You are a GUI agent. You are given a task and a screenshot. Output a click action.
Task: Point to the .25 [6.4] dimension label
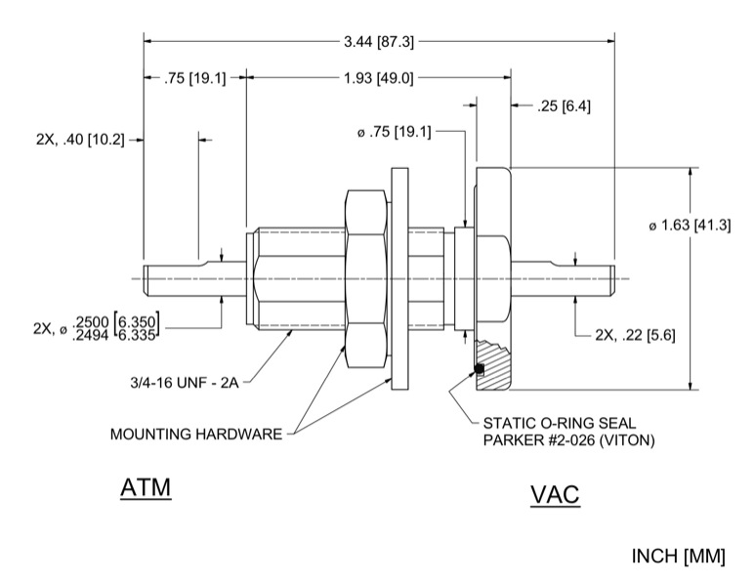pos(564,105)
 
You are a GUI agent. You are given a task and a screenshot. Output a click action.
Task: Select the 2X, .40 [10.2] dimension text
pos(80,140)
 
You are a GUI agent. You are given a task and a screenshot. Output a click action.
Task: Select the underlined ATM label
pos(146,487)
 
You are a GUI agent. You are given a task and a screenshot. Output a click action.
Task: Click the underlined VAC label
pos(555,495)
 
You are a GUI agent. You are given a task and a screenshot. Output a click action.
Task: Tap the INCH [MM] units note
pos(680,557)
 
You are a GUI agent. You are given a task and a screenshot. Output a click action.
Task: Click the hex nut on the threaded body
pos(367,278)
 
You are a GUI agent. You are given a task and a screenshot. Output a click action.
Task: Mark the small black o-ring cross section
pos(480,367)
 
